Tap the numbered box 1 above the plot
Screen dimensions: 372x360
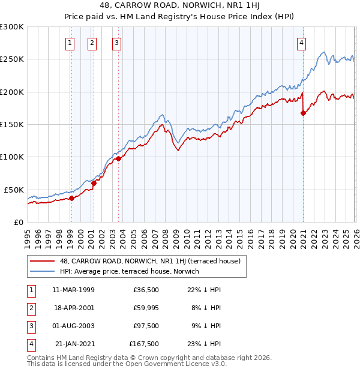point(70,43)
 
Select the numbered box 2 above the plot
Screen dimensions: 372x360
point(92,43)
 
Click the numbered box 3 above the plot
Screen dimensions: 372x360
point(116,43)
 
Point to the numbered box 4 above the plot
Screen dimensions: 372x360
point(301,43)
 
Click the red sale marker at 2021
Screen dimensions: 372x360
point(303,113)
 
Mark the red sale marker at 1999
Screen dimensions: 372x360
point(71,198)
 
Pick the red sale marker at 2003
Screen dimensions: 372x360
point(118,158)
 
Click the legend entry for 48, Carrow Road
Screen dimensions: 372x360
point(150,261)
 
